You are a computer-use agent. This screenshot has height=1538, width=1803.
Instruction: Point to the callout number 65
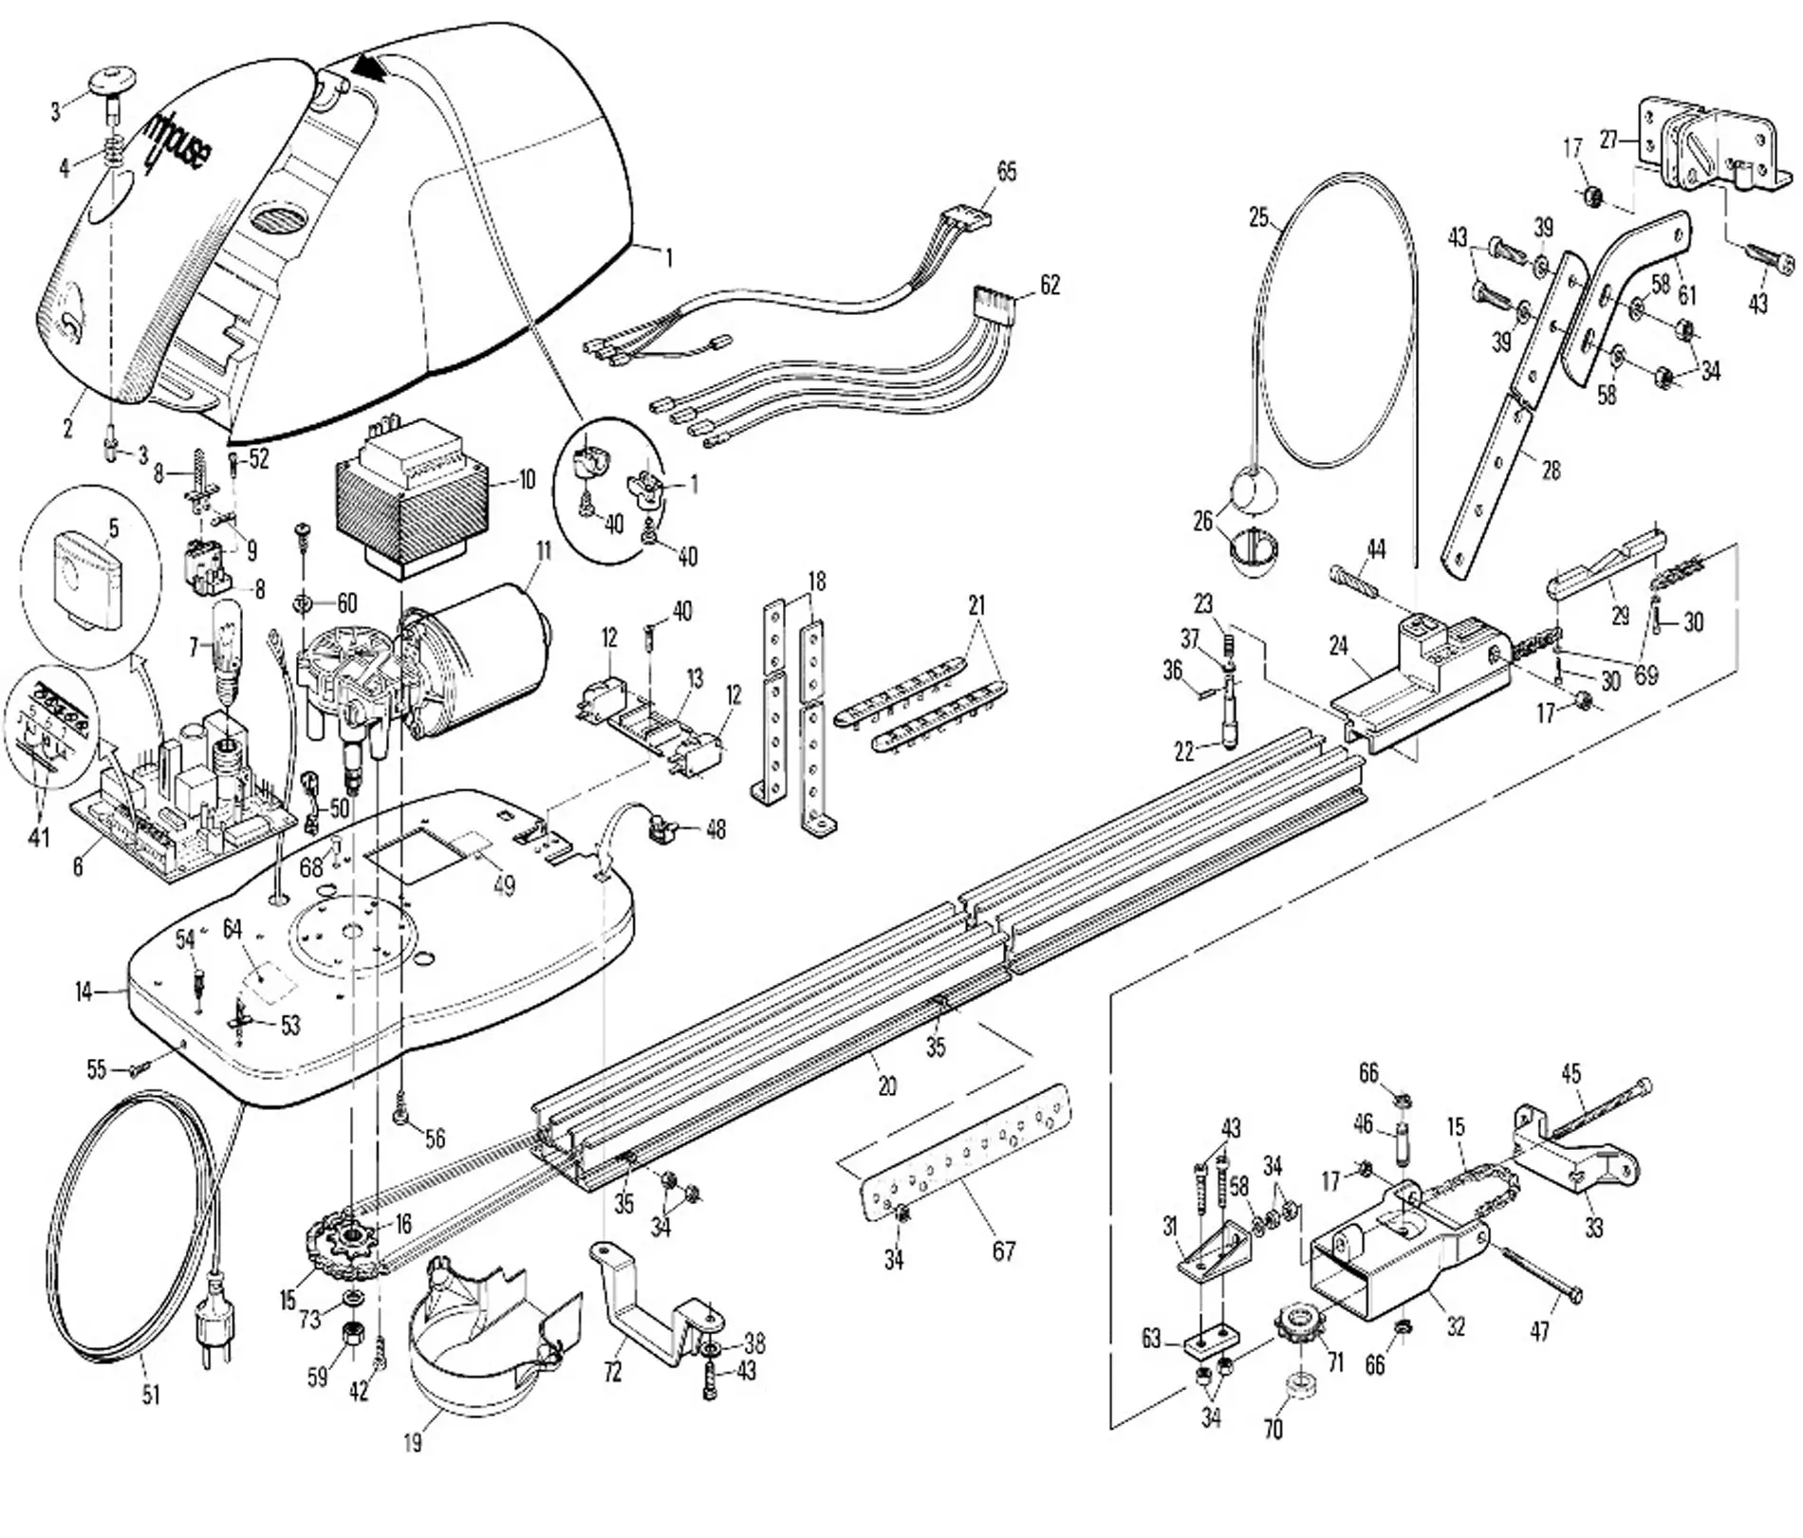pyautogui.click(x=1006, y=172)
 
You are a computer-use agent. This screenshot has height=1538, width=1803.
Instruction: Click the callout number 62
pyautogui.click(x=1050, y=285)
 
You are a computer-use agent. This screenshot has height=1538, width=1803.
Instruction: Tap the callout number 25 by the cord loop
pyautogui.click(x=1258, y=218)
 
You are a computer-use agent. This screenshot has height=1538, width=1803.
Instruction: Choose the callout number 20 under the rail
pyautogui.click(x=887, y=1084)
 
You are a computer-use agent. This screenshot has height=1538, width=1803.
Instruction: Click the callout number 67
pyautogui.click(x=1004, y=1251)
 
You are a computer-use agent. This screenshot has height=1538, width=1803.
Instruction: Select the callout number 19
pyautogui.click(x=412, y=1443)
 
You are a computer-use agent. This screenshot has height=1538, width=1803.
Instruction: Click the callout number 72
pyautogui.click(x=613, y=1371)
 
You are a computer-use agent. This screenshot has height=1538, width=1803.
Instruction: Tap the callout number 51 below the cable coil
pyautogui.click(x=151, y=1395)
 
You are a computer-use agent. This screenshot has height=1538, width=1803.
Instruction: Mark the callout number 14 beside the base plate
pyautogui.click(x=84, y=992)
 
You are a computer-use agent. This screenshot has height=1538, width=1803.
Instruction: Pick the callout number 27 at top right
pyautogui.click(x=1608, y=140)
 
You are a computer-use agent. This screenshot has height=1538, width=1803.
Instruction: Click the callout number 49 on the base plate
pyautogui.click(x=505, y=885)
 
